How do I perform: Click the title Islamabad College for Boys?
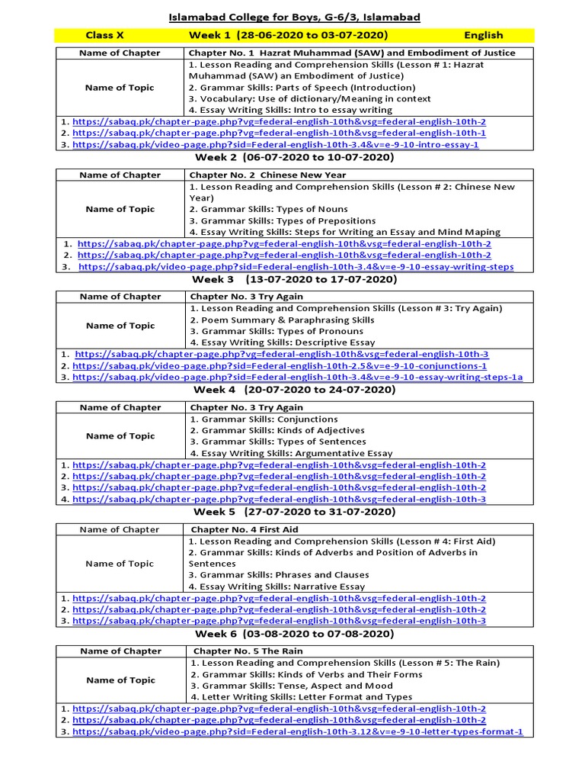click(x=293, y=17)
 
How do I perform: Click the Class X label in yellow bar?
click(x=104, y=35)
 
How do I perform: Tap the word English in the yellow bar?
click(x=484, y=35)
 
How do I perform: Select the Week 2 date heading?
click(x=293, y=158)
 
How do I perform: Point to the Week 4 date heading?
click(x=295, y=390)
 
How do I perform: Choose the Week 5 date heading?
click(x=295, y=512)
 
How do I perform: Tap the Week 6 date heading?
click(x=294, y=634)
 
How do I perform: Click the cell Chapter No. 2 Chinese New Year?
click(x=267, y=175)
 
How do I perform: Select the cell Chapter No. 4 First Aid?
click(x=245, y=529)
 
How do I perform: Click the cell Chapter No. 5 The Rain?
click(x=248, y=651)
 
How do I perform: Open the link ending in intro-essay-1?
click(x=276, y=144)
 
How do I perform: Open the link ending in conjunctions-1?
click(x=280, y=366)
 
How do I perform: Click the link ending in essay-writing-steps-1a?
click(x=298, y=378)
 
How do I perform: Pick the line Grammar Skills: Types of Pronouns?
click(x=277, y=332)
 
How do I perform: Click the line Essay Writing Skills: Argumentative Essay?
click(x=291, y=453)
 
